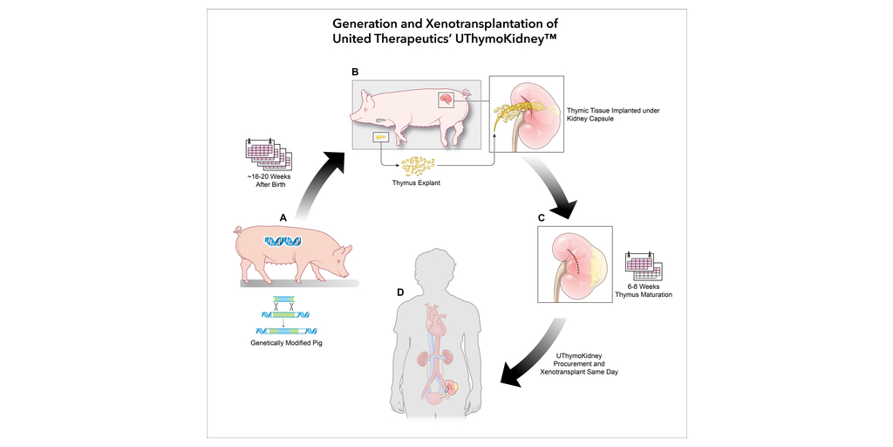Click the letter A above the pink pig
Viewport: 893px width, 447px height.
click(283, 217)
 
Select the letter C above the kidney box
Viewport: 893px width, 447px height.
click(542, 217)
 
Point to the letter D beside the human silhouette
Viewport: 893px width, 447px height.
click(400, 292)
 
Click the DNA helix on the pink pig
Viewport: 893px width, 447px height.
click(283, 242)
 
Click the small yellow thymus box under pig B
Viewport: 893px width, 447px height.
click(380, 138)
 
